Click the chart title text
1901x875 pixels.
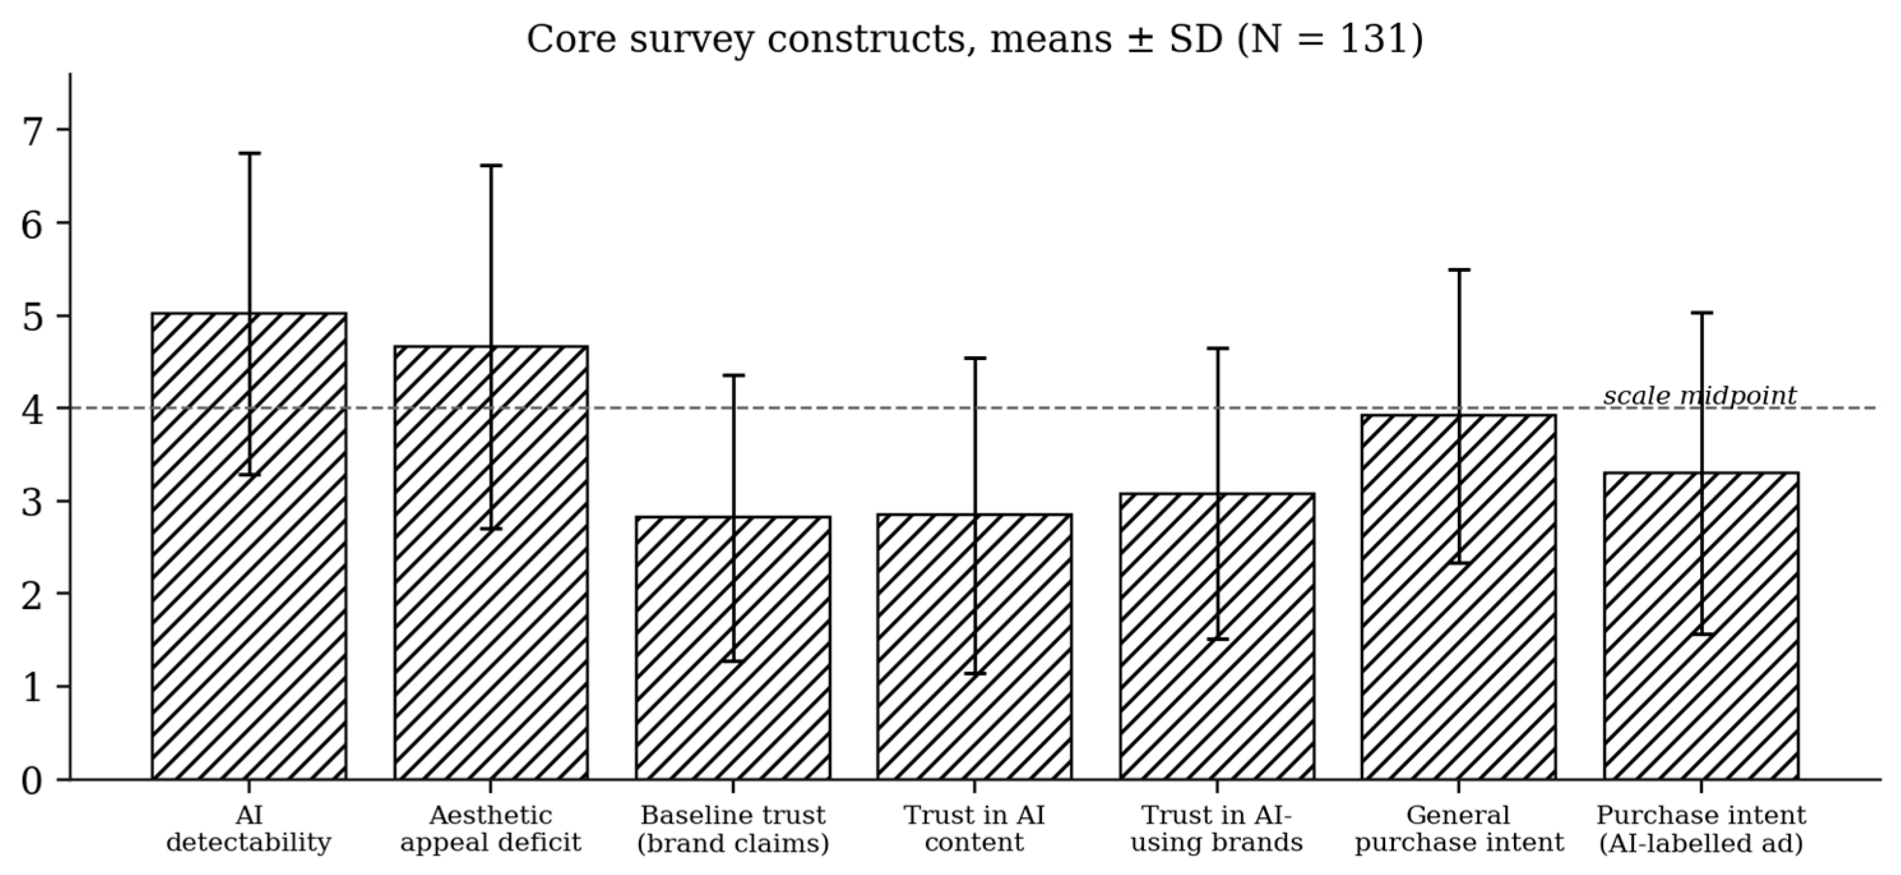(975, 40)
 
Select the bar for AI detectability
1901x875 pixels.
(249, 546)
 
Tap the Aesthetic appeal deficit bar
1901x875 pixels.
(491, 563)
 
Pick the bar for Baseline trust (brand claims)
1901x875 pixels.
(733, 648)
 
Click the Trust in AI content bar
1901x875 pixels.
(975, 647)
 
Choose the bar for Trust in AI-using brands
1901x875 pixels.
(1217, 636)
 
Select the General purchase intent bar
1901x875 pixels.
(1459, 597)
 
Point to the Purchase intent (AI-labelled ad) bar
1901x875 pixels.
(1701, 626)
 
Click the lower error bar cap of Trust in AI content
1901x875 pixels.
(975, 673)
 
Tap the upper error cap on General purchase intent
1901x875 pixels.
(1459, 269)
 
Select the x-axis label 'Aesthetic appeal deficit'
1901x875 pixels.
(491, 828)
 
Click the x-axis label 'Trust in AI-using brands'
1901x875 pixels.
(1217, 828)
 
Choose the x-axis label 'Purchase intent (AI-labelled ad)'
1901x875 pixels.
(1701, 828)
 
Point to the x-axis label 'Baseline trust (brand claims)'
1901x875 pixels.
(733, 828)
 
